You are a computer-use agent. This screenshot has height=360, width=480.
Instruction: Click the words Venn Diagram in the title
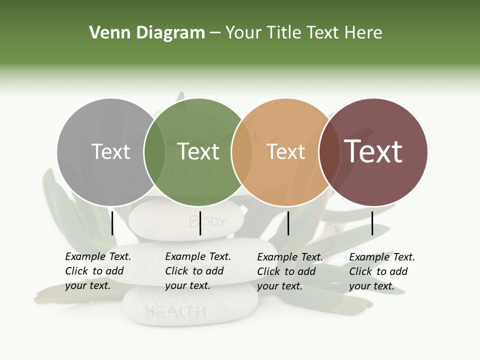point(147,33)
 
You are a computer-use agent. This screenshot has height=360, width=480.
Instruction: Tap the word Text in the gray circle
point(111,151)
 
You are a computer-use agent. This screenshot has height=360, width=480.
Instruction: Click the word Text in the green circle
point(198,151)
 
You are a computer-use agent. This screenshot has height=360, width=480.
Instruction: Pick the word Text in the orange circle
point(285,151)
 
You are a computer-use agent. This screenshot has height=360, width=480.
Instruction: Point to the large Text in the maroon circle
point(373,151)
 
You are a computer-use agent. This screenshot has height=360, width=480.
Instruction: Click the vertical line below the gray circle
point(112,223)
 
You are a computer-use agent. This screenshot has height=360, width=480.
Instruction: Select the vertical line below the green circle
point(200,223)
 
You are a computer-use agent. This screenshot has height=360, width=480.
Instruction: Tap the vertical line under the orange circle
point(288,223)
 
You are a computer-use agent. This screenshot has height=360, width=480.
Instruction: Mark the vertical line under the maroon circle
point(372,223)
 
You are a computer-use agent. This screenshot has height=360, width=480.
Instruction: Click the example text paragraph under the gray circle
point(98,271)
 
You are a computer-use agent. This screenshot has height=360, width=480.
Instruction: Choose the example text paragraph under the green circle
point(198,271)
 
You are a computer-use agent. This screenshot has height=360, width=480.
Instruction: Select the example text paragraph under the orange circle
point(290,271)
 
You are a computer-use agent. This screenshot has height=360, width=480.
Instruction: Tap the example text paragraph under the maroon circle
point(382,271)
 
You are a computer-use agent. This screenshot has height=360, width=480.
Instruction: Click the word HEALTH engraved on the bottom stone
point(175,312)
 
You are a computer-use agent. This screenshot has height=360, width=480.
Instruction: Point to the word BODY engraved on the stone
point(208,221)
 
